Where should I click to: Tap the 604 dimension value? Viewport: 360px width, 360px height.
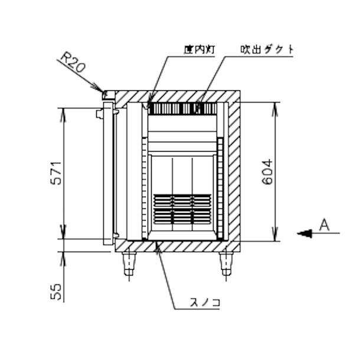point(267,171)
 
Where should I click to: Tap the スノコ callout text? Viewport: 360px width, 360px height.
point(206,303)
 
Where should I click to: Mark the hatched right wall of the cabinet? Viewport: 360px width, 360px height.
point(234,171)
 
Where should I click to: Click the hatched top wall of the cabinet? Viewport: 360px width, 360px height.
point(177,96)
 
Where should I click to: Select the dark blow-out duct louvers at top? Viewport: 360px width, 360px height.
point(182,109)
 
